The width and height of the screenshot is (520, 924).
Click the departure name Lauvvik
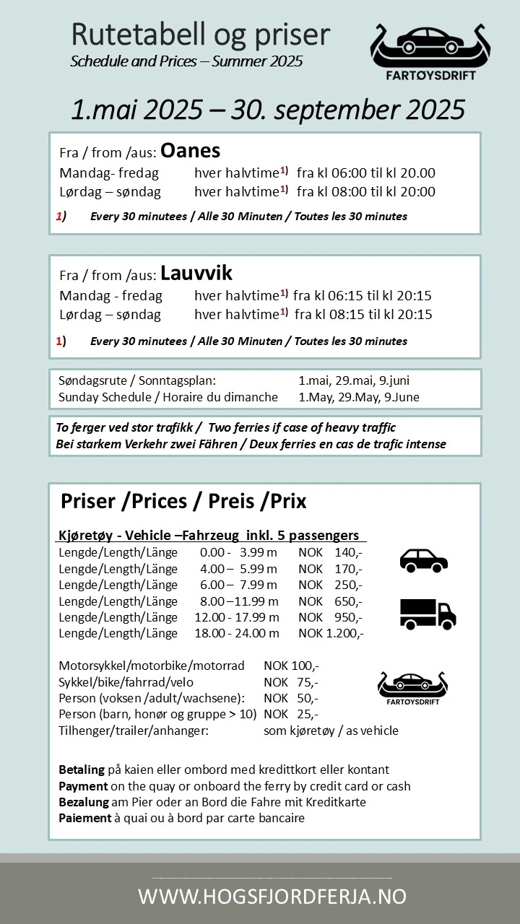(196, 273)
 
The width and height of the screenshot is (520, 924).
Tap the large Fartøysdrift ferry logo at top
(430, 52)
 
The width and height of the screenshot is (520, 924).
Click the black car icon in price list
(424, 560)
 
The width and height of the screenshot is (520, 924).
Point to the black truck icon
(428, 614)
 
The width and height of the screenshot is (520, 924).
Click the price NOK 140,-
(330, 553)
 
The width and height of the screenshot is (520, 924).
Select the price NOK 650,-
(330, 601)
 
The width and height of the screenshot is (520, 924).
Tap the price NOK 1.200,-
(331, 634)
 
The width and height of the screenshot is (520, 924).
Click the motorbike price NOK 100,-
(291, 666)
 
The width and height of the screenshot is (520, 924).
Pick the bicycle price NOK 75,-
(291, 682)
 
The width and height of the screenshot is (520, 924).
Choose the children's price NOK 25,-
(291, 715)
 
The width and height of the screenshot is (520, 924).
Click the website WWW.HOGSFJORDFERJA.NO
(272, 897)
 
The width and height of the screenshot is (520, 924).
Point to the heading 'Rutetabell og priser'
(200, 35)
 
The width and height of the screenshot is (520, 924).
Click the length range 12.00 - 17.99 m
(237, 618)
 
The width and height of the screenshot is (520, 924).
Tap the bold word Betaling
(81, 770)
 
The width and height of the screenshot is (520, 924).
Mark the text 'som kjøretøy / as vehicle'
(331, 731)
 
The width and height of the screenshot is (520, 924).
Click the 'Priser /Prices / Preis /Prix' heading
(183, 501)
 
